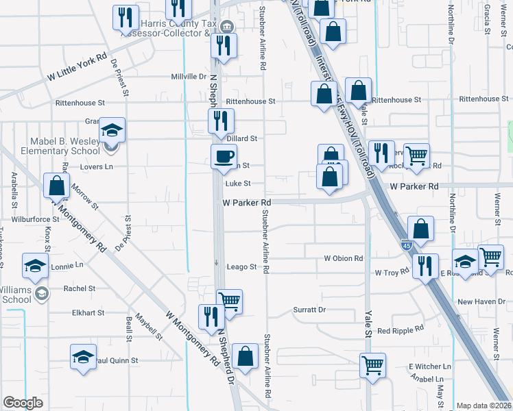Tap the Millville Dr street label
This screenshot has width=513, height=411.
(x=189, y=77)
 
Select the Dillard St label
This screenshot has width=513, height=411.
(x=241, y=138)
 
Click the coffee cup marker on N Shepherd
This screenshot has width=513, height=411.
(x=223, y=157)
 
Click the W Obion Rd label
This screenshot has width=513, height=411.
(x=343, y=258)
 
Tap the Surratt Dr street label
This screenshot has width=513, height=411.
(x=309, y=310)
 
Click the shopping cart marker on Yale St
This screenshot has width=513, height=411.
(x=372, y=364)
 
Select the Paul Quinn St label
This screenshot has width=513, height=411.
(x=117, y=360)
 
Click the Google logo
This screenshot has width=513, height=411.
(x=23, y=403)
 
